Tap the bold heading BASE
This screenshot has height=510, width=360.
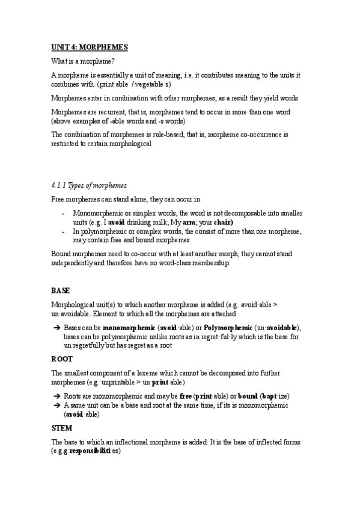(61, 290)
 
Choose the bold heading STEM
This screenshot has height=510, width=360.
(61, 428)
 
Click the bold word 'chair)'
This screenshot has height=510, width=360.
(223, 221)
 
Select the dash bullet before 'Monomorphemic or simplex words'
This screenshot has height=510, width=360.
(64, 214)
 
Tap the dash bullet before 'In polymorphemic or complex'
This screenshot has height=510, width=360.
(64, 231)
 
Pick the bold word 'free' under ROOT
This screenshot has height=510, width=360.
(186, 397)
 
